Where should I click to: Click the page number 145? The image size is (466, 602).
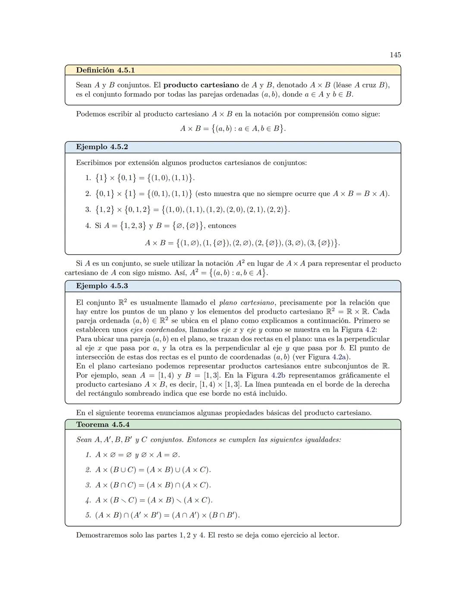pyautogui.click(x=395, y=55)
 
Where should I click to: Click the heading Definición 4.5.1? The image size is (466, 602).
pyautogui.click(x=105, y=70)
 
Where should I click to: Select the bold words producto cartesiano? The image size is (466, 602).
pyautogui.click(x=201, y=85)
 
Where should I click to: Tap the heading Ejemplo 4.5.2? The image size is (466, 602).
pyautogui.click(x=102, y=147)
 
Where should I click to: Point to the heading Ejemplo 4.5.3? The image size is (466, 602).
pyautogui.click(x=102, y=286)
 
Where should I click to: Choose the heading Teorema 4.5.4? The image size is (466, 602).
pyautogui.click(x=103, y=424)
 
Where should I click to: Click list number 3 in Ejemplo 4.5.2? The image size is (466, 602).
pyautogui.click(x=88, y=210)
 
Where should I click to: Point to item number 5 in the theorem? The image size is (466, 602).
pyautogui.click(x=88, y=515)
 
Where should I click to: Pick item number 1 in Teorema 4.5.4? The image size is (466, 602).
pyautogui.click(x=88, y=455)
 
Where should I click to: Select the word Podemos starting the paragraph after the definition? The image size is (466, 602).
pyautogui.click(x=90, y=114)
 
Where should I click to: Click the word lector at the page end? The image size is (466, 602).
pyautogui.click(x=327, y=535)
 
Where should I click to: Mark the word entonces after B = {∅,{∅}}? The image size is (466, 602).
pyautogui.click(x=222, y=226)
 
